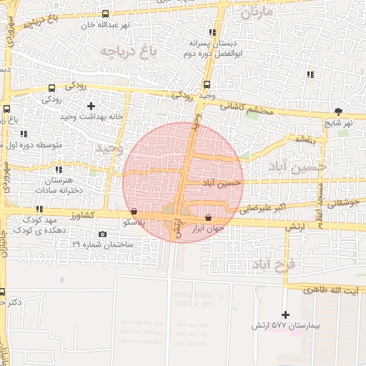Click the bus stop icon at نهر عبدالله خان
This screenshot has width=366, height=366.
coord(106,14)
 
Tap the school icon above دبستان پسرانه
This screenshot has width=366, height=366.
coord(212,32)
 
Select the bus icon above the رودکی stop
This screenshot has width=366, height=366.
coord(51,89)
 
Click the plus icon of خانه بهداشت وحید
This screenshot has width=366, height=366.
coord(91,106)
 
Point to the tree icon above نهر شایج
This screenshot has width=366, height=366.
coord(338,112)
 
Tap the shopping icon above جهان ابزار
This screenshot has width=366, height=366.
coord(208,217)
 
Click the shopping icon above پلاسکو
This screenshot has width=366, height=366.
coord(134,211)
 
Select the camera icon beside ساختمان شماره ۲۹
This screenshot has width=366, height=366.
coord(103,234)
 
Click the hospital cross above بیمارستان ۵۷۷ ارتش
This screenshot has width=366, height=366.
coord(286,315)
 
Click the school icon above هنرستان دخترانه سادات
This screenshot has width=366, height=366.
coord(59,169)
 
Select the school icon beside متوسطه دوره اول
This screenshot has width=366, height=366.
coord(24,134)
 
